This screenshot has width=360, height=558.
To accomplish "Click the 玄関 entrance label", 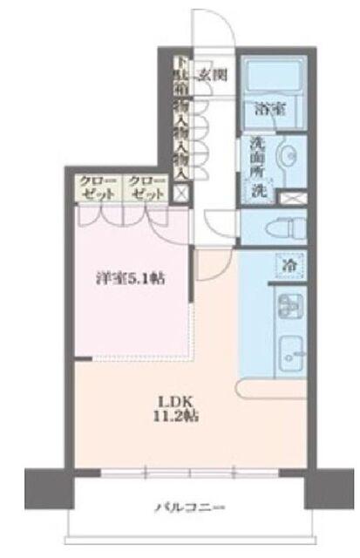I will [212, 74].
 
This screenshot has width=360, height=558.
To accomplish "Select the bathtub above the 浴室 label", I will [270, 78].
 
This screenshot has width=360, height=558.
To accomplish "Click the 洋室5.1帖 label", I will [132, 279].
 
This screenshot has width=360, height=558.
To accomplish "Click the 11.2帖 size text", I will [167, 417].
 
